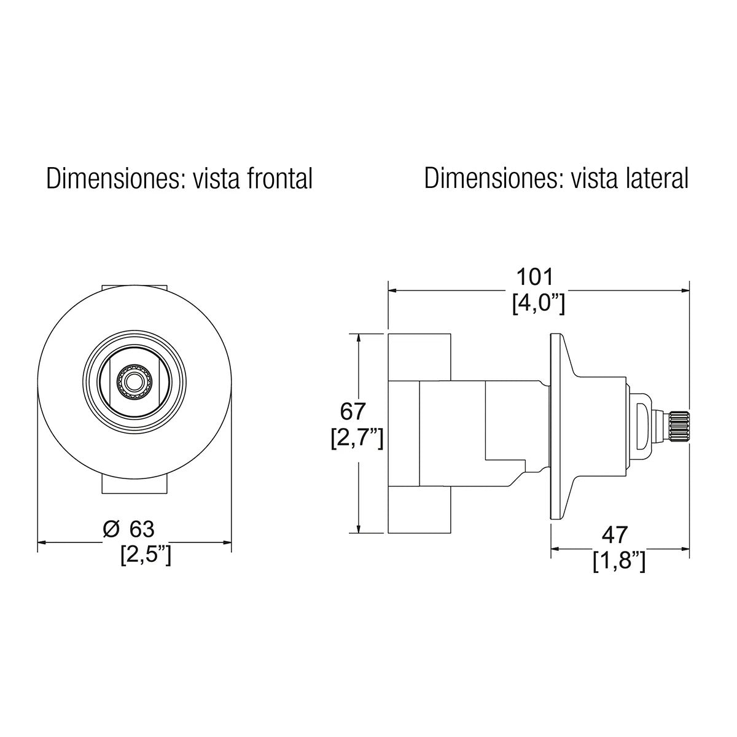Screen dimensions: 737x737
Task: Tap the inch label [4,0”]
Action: pos(538,304)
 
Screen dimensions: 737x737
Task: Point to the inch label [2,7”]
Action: pos(356,438)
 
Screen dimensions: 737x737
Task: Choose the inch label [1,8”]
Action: pos(619,562)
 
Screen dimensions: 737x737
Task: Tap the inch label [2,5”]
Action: pos(146,555)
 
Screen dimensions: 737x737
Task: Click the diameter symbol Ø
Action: pos(111,528)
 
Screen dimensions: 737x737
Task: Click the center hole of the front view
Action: pos(131,381)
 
